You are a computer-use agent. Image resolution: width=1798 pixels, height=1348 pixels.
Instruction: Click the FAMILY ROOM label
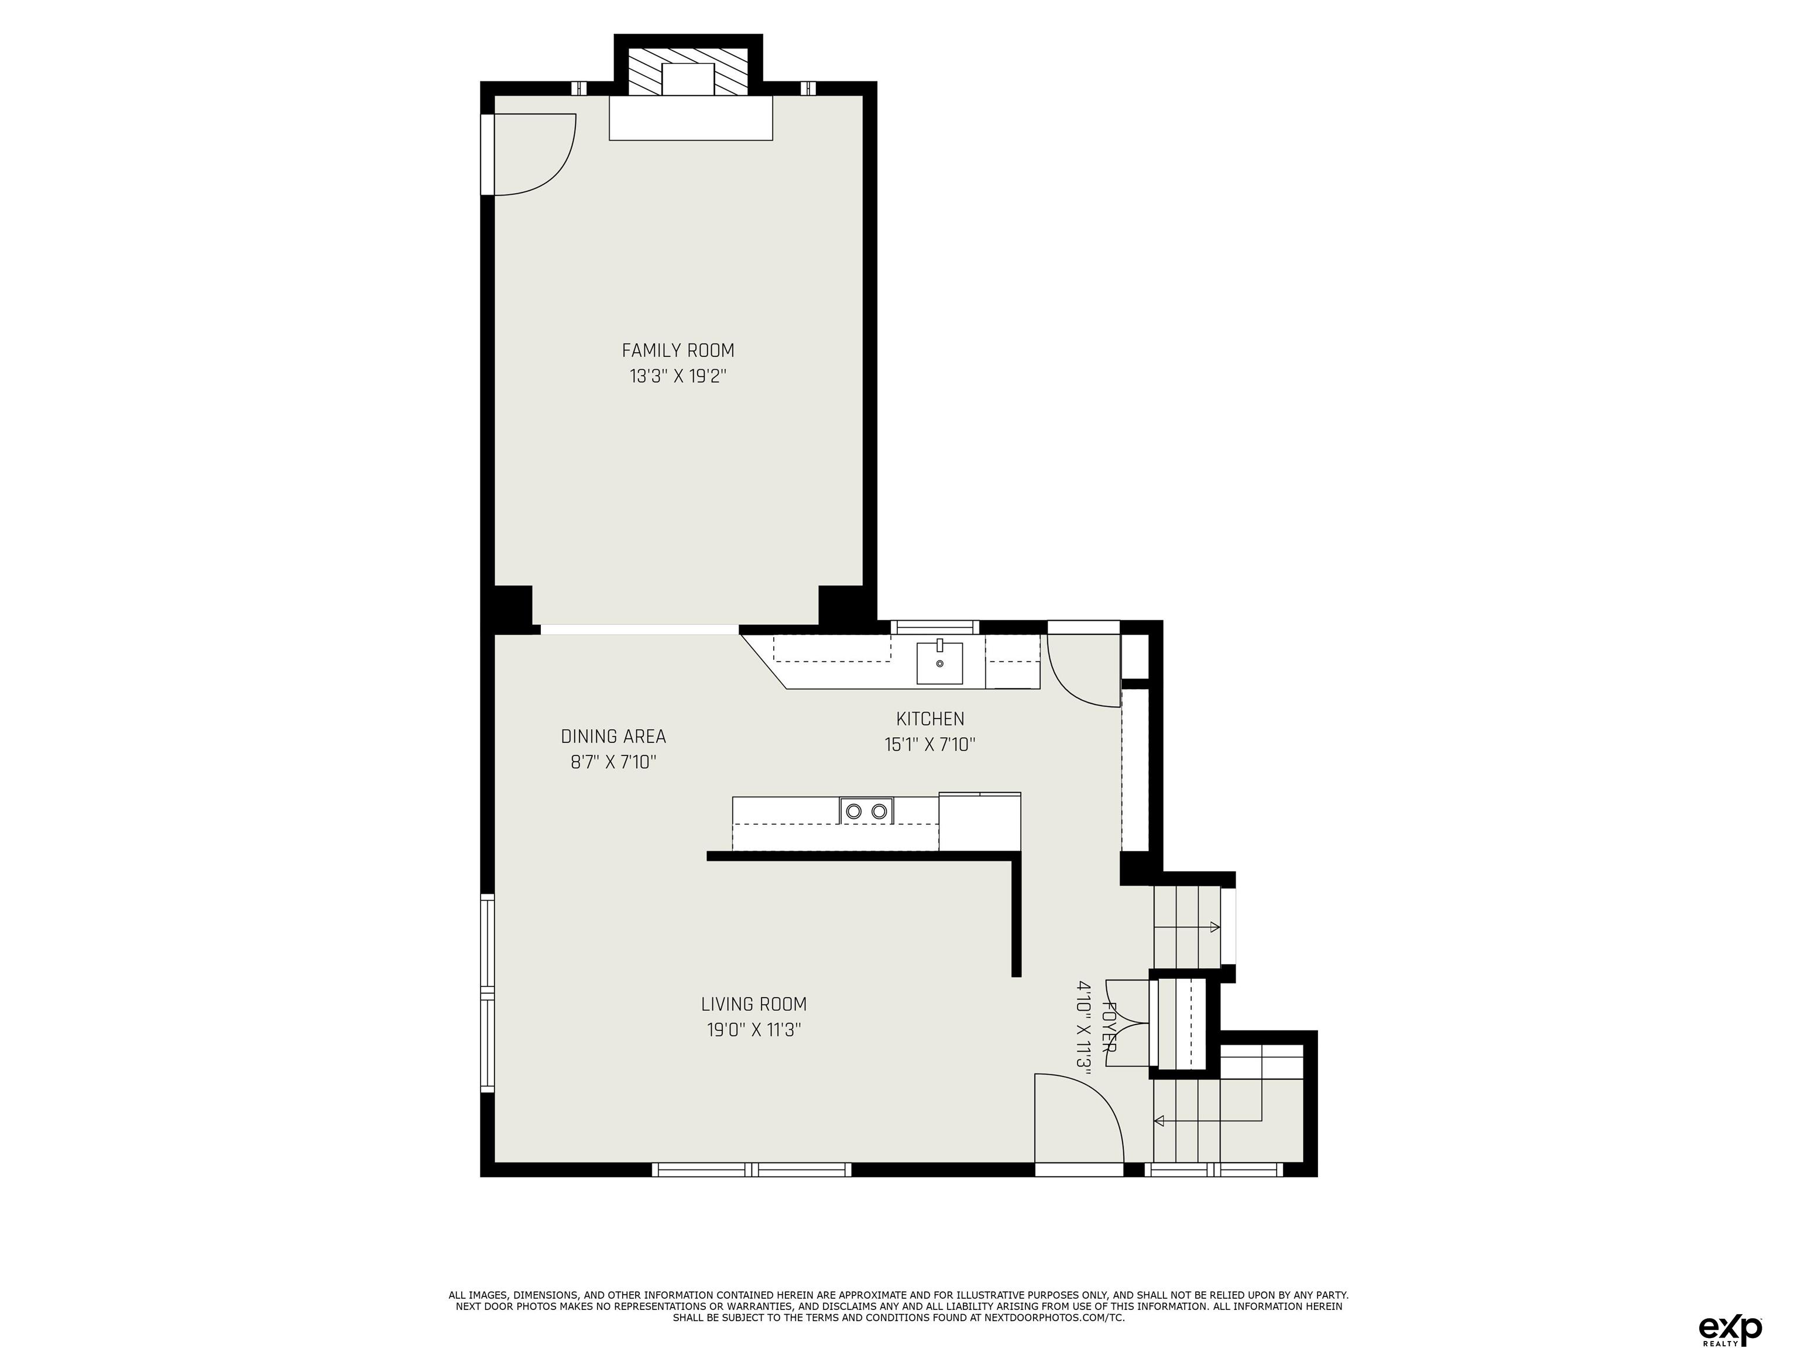pyautogui.click(x=678, y=350)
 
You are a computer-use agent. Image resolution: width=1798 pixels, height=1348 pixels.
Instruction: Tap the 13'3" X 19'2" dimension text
pyautogui.click(x=677, y=376)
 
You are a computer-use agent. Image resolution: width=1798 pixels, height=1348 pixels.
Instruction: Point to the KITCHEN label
pyautogui.click(x=930, y=718)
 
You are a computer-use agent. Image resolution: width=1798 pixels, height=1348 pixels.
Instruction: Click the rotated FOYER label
pyautogui.click(x=1109, y=1028)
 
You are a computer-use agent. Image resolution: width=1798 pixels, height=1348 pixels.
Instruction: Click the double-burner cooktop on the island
pyautogui.click(x=866, y=810)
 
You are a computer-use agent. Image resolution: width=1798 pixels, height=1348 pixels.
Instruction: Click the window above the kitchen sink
pyautogui.click(x=935, y=627)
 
